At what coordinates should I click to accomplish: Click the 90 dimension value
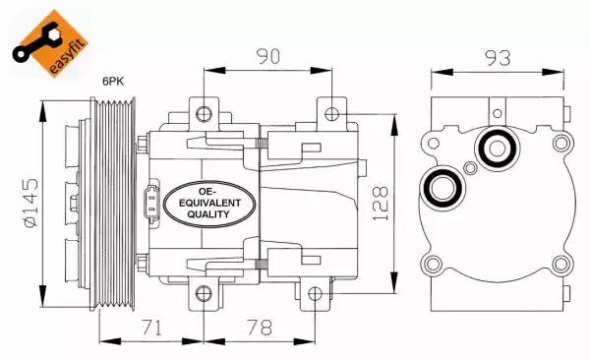coord(268,56)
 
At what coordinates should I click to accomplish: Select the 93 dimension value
coord(498,58)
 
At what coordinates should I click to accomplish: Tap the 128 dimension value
coord(381,203)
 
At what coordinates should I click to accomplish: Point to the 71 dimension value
coord(151,328)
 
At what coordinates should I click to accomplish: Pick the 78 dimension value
coord(260,328)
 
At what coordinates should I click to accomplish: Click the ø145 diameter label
coord(31,203)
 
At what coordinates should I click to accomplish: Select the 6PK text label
coord(113,82)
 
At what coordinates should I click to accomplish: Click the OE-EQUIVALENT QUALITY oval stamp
coord(209,204)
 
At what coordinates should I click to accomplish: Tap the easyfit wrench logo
coord(49,43)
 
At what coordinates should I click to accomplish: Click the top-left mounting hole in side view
coord(204,114)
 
